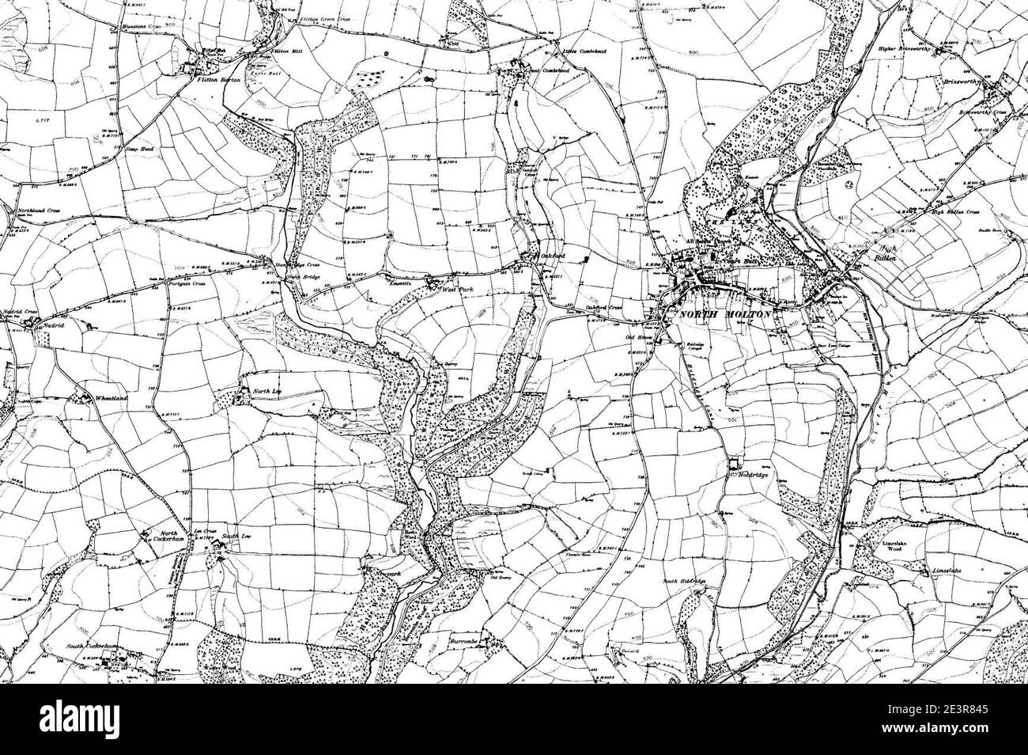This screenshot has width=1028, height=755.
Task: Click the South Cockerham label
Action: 92,647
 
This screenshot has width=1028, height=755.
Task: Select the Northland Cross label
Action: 40,212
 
